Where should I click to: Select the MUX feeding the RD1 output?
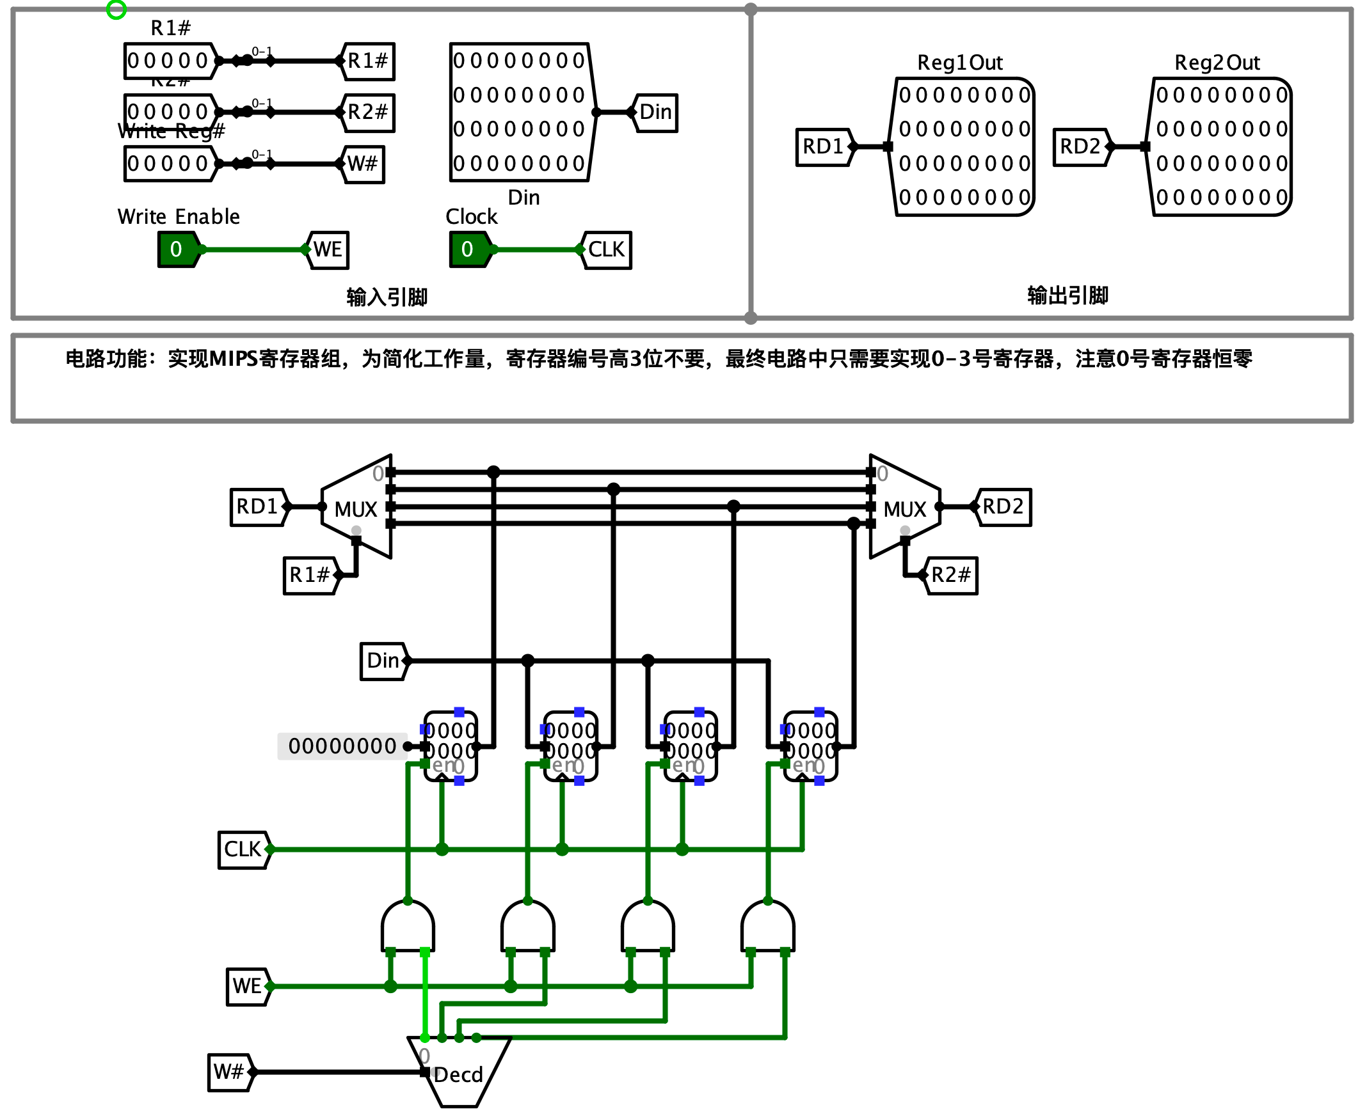[356, 507]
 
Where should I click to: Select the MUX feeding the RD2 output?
[905, 507]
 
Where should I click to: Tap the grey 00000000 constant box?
[342, 746]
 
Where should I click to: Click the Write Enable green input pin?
[177, 249]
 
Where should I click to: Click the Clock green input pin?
[468, 249]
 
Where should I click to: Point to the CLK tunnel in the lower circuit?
[243, 850]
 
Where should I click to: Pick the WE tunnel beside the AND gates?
[246, 986]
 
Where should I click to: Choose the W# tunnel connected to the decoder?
[229, 1072]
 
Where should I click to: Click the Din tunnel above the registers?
[383, 661]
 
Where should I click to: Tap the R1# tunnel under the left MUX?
[310, 575]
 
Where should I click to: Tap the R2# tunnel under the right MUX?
[951, 575]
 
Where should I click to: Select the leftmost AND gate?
[408, 927]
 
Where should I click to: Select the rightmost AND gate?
[767, 927]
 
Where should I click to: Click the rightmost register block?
[810, 746]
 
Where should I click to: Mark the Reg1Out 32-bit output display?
[963, 146]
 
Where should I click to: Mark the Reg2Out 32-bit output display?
[1220, 146]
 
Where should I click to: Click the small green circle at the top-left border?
[116, 9]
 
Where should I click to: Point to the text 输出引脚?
[1067, 295]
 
